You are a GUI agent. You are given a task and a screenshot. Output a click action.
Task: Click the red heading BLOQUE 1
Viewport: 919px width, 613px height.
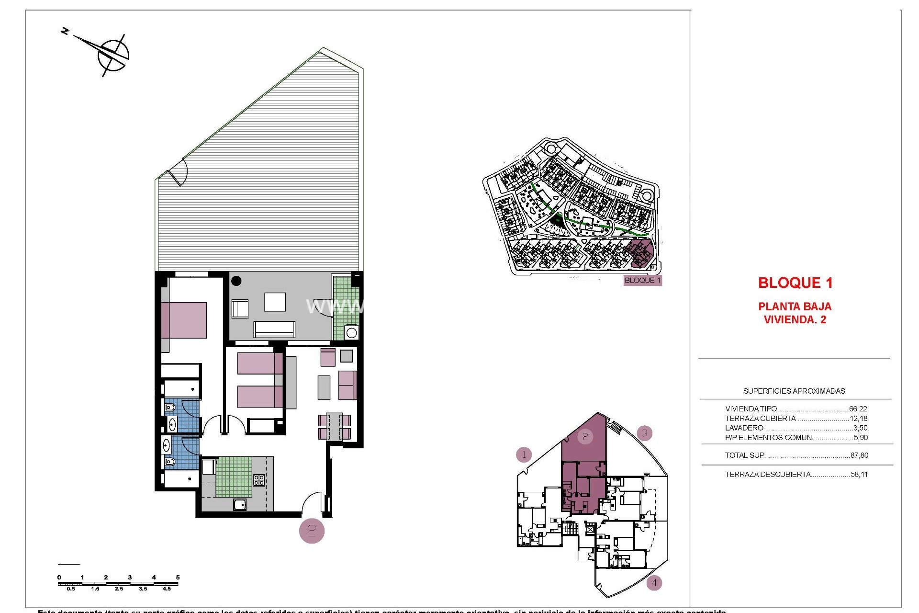(795, 283)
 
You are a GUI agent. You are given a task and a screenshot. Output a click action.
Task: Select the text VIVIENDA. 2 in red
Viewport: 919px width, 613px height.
(795, 320)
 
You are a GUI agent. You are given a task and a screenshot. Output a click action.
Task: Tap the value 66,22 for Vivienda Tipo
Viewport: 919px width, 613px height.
(858, 409)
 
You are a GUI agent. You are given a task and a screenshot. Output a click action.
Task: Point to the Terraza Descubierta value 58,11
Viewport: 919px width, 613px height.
(859, 475)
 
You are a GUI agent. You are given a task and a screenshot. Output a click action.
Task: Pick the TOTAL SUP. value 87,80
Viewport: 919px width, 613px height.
(859, 455)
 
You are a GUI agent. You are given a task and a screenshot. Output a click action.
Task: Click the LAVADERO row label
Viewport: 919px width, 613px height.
(744, 428)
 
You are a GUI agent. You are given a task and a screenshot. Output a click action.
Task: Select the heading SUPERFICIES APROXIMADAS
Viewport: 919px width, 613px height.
(794, 391)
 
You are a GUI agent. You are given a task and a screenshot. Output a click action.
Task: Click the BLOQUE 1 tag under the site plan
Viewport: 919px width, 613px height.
(642, 281)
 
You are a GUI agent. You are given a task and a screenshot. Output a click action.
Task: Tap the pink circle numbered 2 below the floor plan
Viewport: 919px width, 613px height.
(312, 531)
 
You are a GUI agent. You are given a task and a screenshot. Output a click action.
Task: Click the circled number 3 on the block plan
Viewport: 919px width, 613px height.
(645, 433)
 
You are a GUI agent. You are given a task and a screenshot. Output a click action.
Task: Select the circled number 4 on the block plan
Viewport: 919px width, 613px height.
(654, 583)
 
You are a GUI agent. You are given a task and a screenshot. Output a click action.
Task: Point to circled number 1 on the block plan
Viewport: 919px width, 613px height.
(524, 454)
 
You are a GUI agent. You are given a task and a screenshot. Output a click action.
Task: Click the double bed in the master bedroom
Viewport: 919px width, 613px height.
(184, 320)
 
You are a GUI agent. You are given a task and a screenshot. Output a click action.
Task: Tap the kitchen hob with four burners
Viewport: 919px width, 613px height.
(259, 480)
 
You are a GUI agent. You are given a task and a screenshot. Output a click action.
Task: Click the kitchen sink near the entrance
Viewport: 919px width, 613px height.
(240, 504)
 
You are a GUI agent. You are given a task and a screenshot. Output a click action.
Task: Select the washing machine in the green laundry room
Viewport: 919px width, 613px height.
(352, 332)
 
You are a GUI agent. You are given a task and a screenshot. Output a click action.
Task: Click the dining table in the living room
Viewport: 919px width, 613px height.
(334, 426)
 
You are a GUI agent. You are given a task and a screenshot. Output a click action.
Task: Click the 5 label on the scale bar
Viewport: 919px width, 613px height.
(178, 578)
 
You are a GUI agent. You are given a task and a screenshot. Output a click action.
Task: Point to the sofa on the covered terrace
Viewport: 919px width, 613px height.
(274, 329)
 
